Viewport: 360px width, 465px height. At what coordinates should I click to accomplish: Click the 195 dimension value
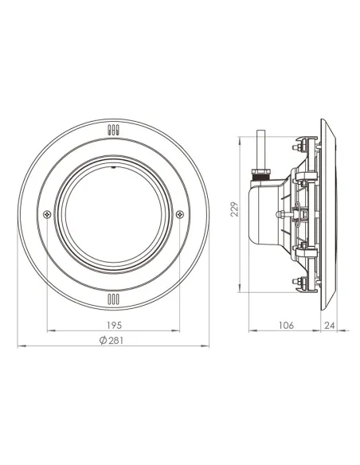pos(113,325)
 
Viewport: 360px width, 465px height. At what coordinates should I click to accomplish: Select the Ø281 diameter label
pos(113,340)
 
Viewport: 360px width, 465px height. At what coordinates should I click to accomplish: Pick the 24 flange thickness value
pos(330,325)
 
